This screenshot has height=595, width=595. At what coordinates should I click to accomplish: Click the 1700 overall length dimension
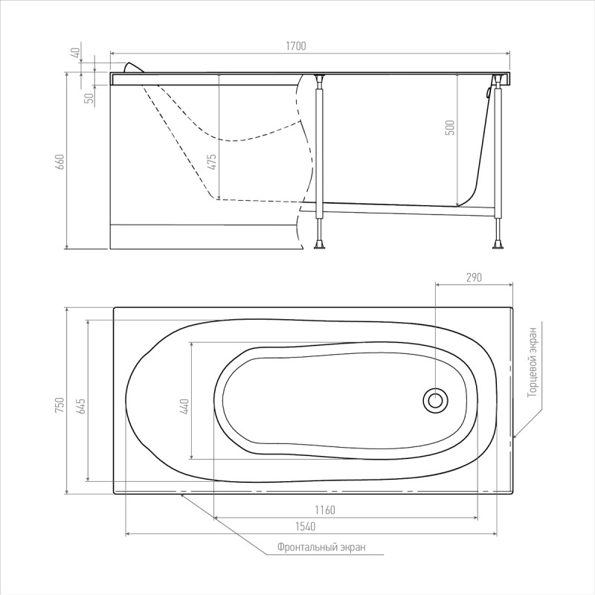295,46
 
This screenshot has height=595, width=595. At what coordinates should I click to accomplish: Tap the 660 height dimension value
61,161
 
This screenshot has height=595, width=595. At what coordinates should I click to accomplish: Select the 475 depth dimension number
213,161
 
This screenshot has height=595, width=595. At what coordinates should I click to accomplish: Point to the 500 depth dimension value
450,127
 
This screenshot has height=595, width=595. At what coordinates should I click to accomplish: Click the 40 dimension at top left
77,52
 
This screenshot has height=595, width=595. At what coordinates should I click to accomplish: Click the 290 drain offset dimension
474,277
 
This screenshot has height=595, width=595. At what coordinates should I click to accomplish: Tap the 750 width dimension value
60,405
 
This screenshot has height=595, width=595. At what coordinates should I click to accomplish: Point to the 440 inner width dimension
185,405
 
